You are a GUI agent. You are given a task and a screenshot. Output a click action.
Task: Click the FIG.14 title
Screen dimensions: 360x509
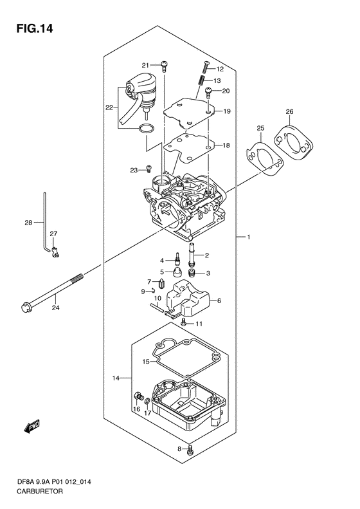tap(35, 29)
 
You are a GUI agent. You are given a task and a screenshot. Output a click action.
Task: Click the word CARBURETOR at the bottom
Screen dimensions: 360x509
tap(40, 492)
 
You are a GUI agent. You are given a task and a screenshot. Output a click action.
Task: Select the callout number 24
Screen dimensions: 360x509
tap(55, 308)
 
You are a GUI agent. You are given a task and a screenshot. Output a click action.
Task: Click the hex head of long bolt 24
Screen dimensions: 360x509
tap(25, 307)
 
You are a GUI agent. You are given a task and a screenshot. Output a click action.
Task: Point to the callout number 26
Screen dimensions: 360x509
tap(289, 112)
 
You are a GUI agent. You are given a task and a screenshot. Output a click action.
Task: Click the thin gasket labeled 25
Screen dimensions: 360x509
tap(264, 159)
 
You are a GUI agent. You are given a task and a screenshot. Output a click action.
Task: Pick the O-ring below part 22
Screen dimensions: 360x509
tap(146, 129)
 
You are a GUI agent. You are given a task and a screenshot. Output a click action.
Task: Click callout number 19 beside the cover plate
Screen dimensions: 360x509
tap(226, 111)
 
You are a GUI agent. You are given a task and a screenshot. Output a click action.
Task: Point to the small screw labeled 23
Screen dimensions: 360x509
tap(149, 169)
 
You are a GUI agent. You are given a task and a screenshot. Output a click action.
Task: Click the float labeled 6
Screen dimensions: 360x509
tap(188, 299)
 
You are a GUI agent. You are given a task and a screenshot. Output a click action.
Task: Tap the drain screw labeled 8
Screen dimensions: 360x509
tap(190, 450)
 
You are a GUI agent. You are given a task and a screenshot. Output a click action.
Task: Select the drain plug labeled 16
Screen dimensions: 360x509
tap(138, 396)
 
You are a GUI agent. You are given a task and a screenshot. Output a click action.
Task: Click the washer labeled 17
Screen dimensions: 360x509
tap(147, 403)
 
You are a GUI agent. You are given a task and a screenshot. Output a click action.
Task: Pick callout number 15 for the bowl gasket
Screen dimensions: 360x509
tap(146, 361)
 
